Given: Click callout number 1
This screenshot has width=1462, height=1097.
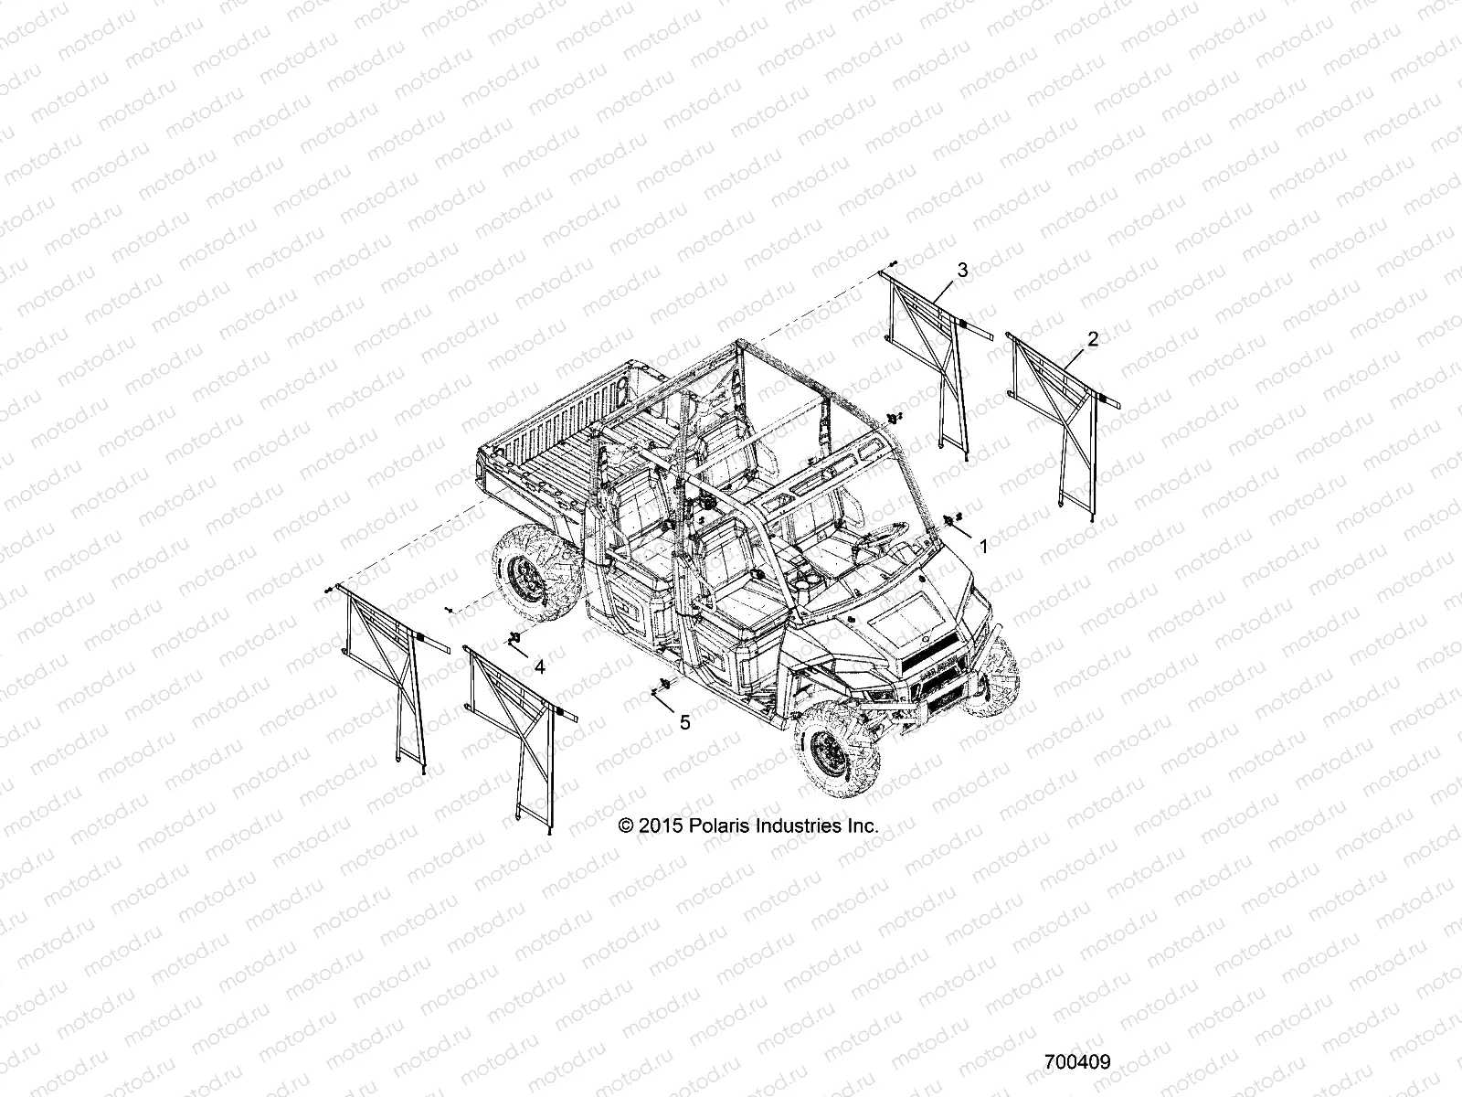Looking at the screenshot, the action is tap(983, 547).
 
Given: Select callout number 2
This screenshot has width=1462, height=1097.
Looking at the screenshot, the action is tap(1093, 338).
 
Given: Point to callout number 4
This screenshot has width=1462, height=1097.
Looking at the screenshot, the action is tap(540, 667).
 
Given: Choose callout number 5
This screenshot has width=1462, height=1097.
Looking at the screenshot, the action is tap(685, 722).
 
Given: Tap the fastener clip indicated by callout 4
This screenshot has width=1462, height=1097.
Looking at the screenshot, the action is tap(514, 636).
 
